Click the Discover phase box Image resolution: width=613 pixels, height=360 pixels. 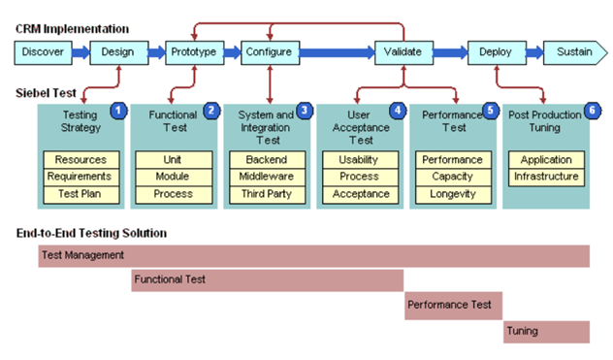tap(42, 51)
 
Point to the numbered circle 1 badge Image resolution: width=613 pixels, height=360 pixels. tap(117, 111)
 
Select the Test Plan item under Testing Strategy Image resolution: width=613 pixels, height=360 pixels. tap(81, 194)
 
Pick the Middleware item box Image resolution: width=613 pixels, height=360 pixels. tap(267, 177)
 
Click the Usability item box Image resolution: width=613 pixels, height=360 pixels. tap(359, 159)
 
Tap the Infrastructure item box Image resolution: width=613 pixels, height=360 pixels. tap(546, 177)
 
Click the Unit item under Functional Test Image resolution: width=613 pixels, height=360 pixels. tap(173, 159)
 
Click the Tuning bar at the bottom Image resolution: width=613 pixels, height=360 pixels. tap(546, 331)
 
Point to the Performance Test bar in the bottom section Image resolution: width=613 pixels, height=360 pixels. tap(453, 305)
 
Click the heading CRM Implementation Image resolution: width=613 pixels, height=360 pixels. tap(72, 29)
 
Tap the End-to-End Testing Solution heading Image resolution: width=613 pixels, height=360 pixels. tap(91, 233)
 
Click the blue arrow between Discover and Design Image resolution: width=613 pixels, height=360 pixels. tap(80, 51)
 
